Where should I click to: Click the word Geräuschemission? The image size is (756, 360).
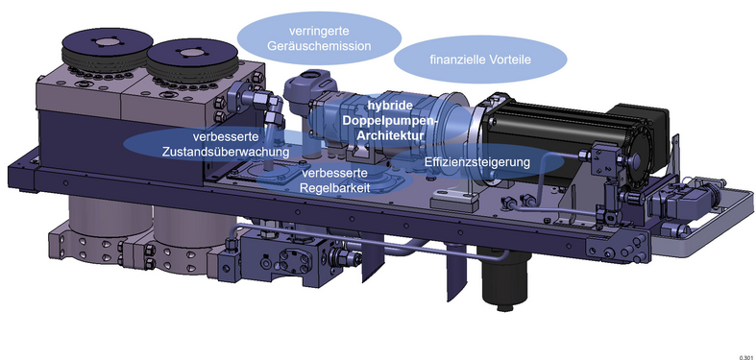[319, 46]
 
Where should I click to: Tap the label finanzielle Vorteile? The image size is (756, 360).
[480, 60]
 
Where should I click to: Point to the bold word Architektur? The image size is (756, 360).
[390, 135]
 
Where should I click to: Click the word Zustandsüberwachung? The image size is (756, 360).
[226, 152]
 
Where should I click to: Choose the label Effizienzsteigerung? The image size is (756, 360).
[476, 162]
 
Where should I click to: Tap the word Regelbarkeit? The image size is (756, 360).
[335, 188]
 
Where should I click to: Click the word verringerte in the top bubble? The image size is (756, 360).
[319, 32]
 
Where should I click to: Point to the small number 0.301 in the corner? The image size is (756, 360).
[745, 357]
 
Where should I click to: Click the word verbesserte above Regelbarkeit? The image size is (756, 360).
[335, 173]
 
